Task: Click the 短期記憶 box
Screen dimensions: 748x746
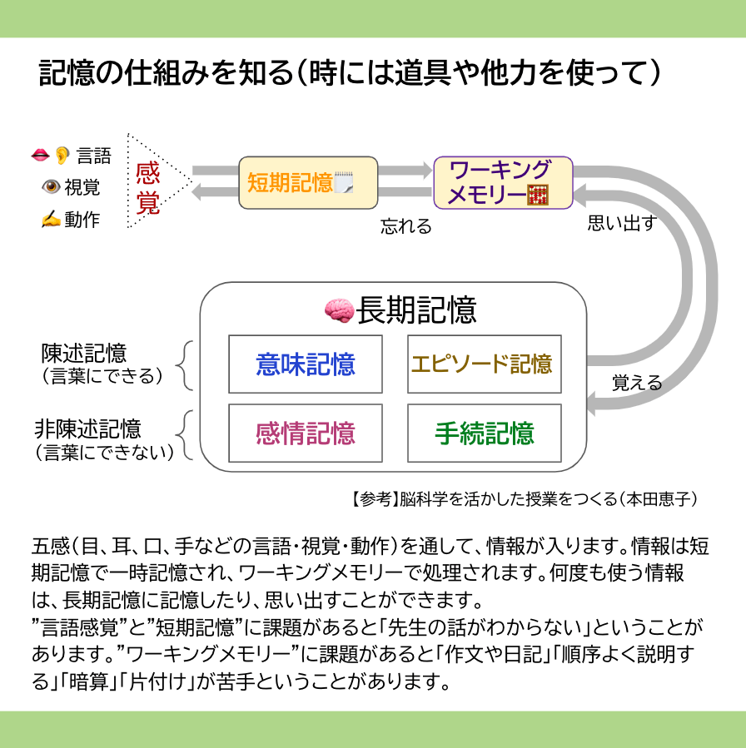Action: (308, 182)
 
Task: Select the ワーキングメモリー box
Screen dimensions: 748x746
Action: (503, 182)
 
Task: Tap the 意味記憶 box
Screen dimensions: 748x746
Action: (306, 364)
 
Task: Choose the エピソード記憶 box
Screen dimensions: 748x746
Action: (484, 364)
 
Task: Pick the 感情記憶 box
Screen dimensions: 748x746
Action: (306, 433)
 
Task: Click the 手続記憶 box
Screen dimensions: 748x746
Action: (484, 433)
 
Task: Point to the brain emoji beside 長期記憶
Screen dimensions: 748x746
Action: (340, 310)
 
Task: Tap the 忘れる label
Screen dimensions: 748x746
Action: (406, 226)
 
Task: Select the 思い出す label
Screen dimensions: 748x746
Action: (622, 223)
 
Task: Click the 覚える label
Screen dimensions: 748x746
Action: (637, 383)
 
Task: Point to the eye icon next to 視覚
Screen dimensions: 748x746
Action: (50, 187)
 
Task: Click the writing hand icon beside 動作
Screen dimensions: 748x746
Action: (50, 220)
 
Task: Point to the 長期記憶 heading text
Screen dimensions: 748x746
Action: (416, 310)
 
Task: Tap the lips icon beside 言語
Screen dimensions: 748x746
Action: (40, 155)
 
